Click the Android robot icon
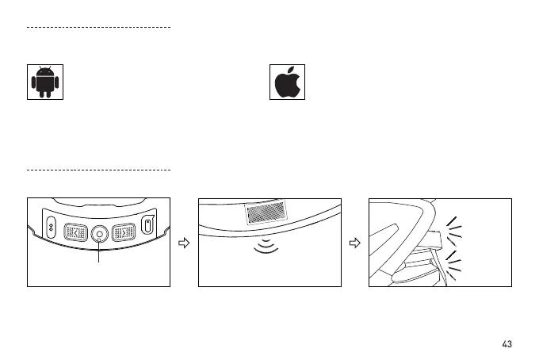point(46,82)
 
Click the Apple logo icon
point(287,82)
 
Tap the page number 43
point(507,344)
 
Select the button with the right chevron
point(124,233)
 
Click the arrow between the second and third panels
point(356,243)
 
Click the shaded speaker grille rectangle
point(266,213)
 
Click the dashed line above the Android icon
point(99,27)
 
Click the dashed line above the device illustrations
point(99,170)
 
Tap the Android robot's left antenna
point(40,68)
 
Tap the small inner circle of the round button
point(100,234)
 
